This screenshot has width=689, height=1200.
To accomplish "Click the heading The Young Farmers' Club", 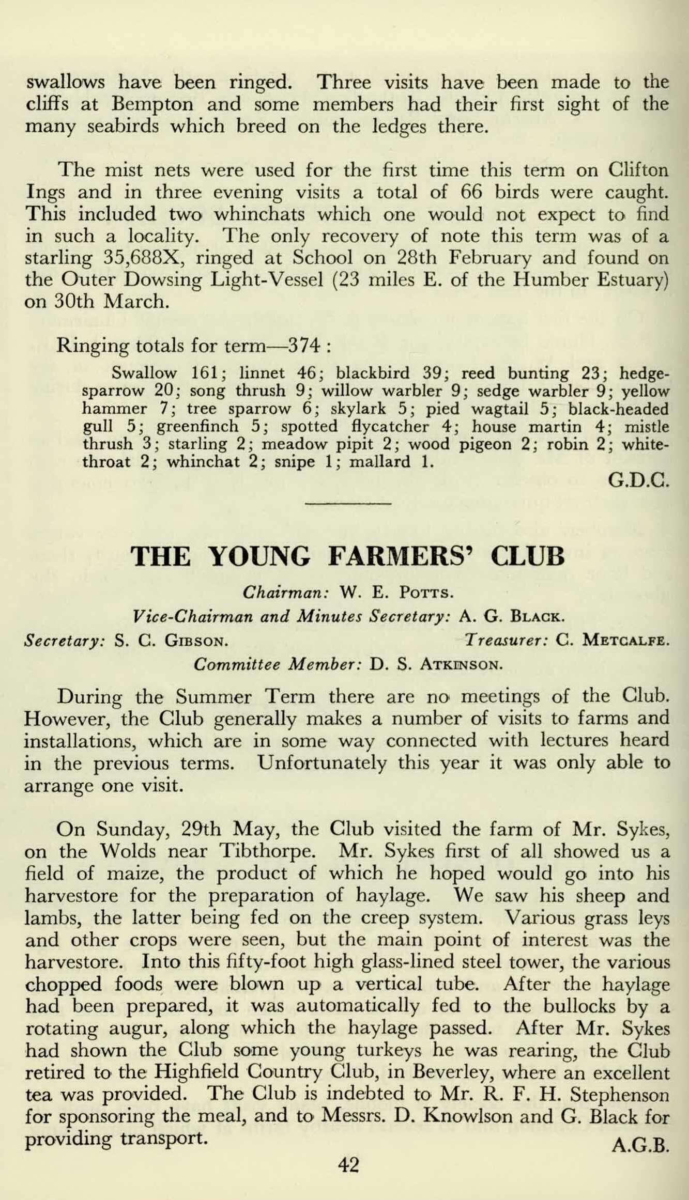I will (347, 556).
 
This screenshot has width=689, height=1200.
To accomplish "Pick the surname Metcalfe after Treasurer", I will (626, 641).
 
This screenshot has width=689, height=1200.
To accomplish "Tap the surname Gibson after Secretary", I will (196, 642).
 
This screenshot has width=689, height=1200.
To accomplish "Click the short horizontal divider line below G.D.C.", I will (348, 503).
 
